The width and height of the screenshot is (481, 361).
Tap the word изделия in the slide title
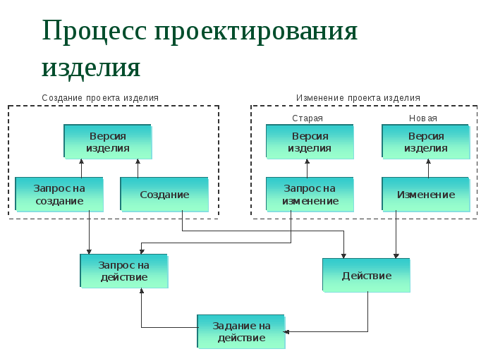[90, 66]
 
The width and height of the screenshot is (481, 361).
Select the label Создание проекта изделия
[100, 97]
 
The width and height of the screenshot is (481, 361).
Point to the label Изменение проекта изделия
[358, 97]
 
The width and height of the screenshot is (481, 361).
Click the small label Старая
[308, 118]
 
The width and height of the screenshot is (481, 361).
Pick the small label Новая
[423, 118]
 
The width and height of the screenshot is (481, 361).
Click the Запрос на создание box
[59, 194]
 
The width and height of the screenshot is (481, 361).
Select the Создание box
[164, 194]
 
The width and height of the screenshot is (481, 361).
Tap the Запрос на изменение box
[310, 194]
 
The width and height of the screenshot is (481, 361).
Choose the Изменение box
[426, 194]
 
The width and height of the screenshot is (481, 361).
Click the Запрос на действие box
[123, 271]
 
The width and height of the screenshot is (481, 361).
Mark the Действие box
[366, 275]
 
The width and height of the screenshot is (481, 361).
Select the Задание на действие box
[241, 331]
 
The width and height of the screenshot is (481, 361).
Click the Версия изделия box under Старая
[309, 142]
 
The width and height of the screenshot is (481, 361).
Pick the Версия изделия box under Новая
[425, 142]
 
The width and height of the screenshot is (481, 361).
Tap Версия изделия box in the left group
[107, 142]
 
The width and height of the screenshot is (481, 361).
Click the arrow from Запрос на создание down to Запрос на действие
[89, 233]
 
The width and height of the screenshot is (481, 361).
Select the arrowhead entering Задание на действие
[288, 331]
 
